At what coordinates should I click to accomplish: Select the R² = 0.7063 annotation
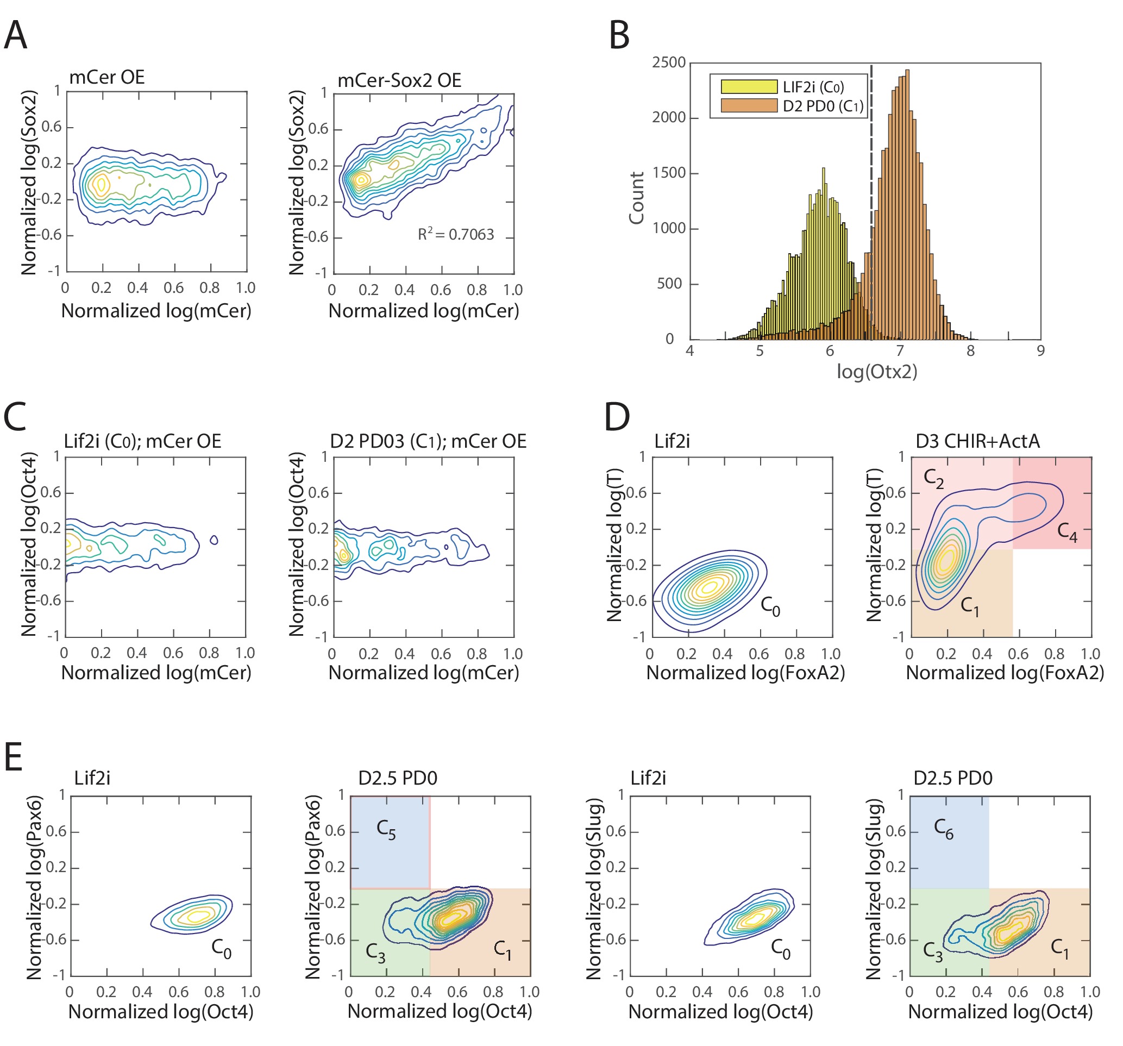click(x=455, y=234)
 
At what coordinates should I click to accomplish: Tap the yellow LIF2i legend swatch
click(x=749, y=86)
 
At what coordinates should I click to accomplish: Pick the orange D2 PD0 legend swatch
click(x=749, y=105)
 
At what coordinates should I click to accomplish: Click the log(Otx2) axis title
click(x=877, y=371)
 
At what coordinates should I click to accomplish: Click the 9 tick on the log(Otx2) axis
click(x=1040, y=351)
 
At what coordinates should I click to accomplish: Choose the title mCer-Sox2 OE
click(x=399, y=80)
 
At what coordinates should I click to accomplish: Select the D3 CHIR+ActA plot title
click(x=977, y=441)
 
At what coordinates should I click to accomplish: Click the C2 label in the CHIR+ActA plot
click(x=934, y=479)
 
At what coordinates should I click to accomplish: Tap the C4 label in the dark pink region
click(x=1067, y=532)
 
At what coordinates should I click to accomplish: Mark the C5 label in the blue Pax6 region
click(x=386, y=830)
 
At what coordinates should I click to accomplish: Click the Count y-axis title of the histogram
click(x=637, y=198)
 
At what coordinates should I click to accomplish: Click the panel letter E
click(x=13, y=757)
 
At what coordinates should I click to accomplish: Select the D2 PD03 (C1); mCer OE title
click(x=428, y=441)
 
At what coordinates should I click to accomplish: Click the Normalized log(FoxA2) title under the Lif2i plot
click(x=745, y=673)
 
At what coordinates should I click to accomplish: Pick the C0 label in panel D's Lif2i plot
click(x=770, y=606)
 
